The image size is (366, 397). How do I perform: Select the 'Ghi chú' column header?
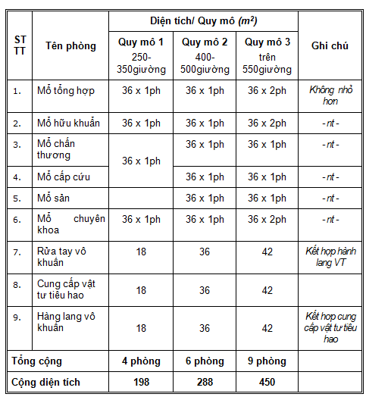(x=330, y=46)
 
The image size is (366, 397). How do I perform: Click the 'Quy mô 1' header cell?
(x=140, y=42)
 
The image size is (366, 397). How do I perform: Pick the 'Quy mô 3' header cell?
(x=267, y=42)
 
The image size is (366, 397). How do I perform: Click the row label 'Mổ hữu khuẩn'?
(x=67, y=123)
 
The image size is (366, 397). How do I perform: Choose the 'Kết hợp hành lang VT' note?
(x=330, y=256)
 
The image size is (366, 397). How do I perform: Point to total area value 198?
(x=140, y=383)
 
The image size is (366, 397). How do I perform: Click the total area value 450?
(x=267, y=383)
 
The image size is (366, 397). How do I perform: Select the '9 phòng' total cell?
(x=267, y=361)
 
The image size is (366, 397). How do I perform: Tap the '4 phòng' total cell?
(x=140, y=361)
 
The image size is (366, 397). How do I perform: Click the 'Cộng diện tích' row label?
(x=50, y=383)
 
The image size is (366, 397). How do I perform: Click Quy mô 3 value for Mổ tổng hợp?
(x=267, y=91)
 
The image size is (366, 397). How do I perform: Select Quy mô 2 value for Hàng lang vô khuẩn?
(x=204, y=328)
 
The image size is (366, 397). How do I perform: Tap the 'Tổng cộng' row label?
(x=37, y=361)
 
